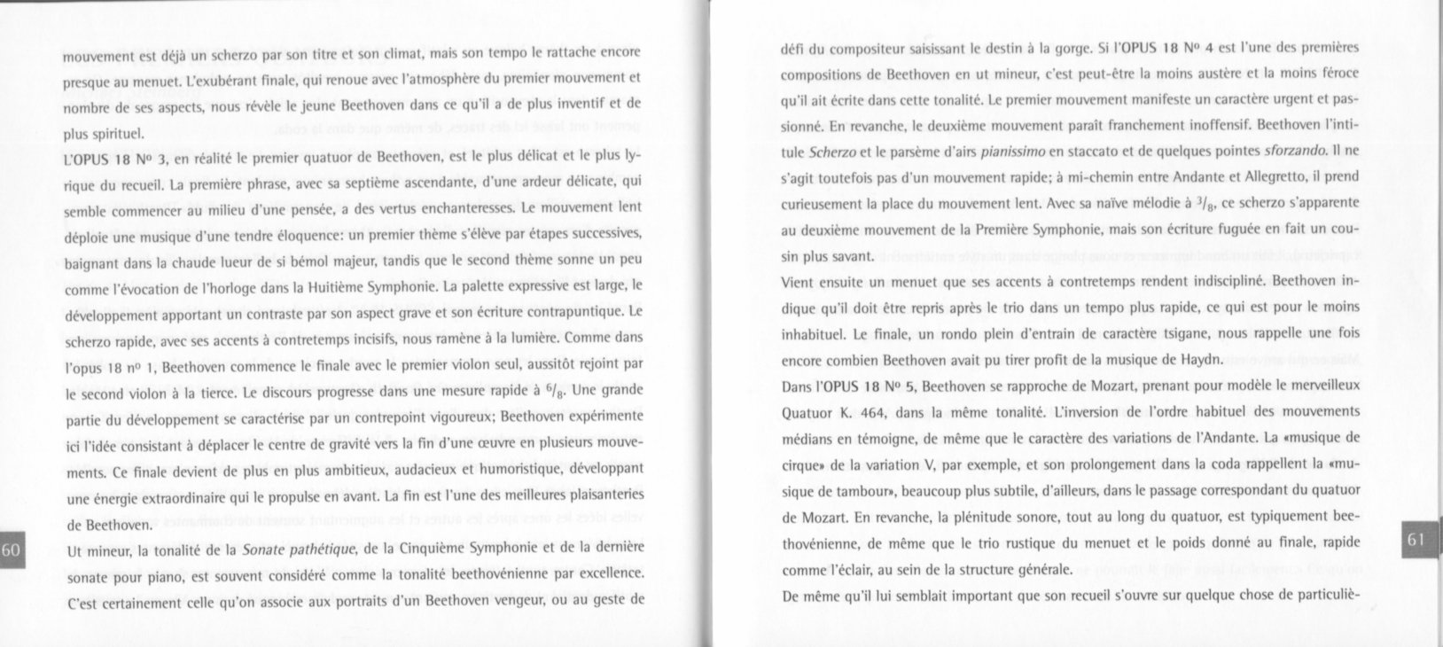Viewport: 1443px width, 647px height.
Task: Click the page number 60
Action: coord(11,550)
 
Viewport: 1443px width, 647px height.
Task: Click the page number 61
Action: coord(1415,539)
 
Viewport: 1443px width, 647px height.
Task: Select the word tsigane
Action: coord(1119,335)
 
